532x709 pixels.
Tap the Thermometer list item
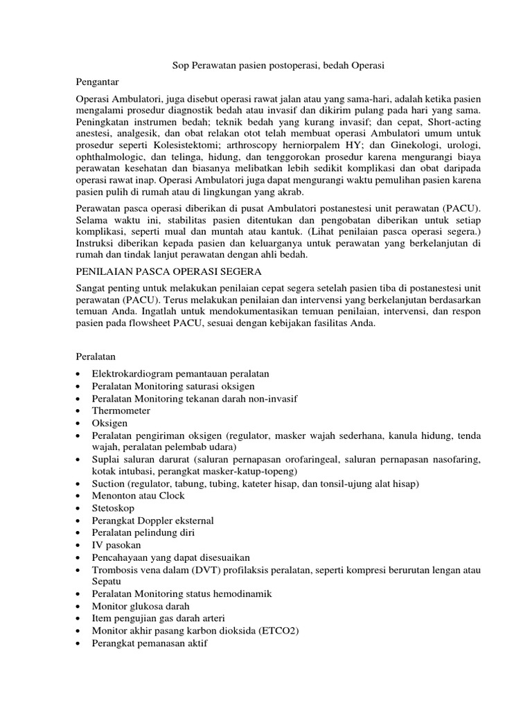click(121, 411)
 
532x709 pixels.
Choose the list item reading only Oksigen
click(109, 423)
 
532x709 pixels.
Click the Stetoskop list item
click(113, 508)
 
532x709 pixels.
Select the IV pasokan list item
click(116, 545)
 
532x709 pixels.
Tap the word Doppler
click(156, 521)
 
